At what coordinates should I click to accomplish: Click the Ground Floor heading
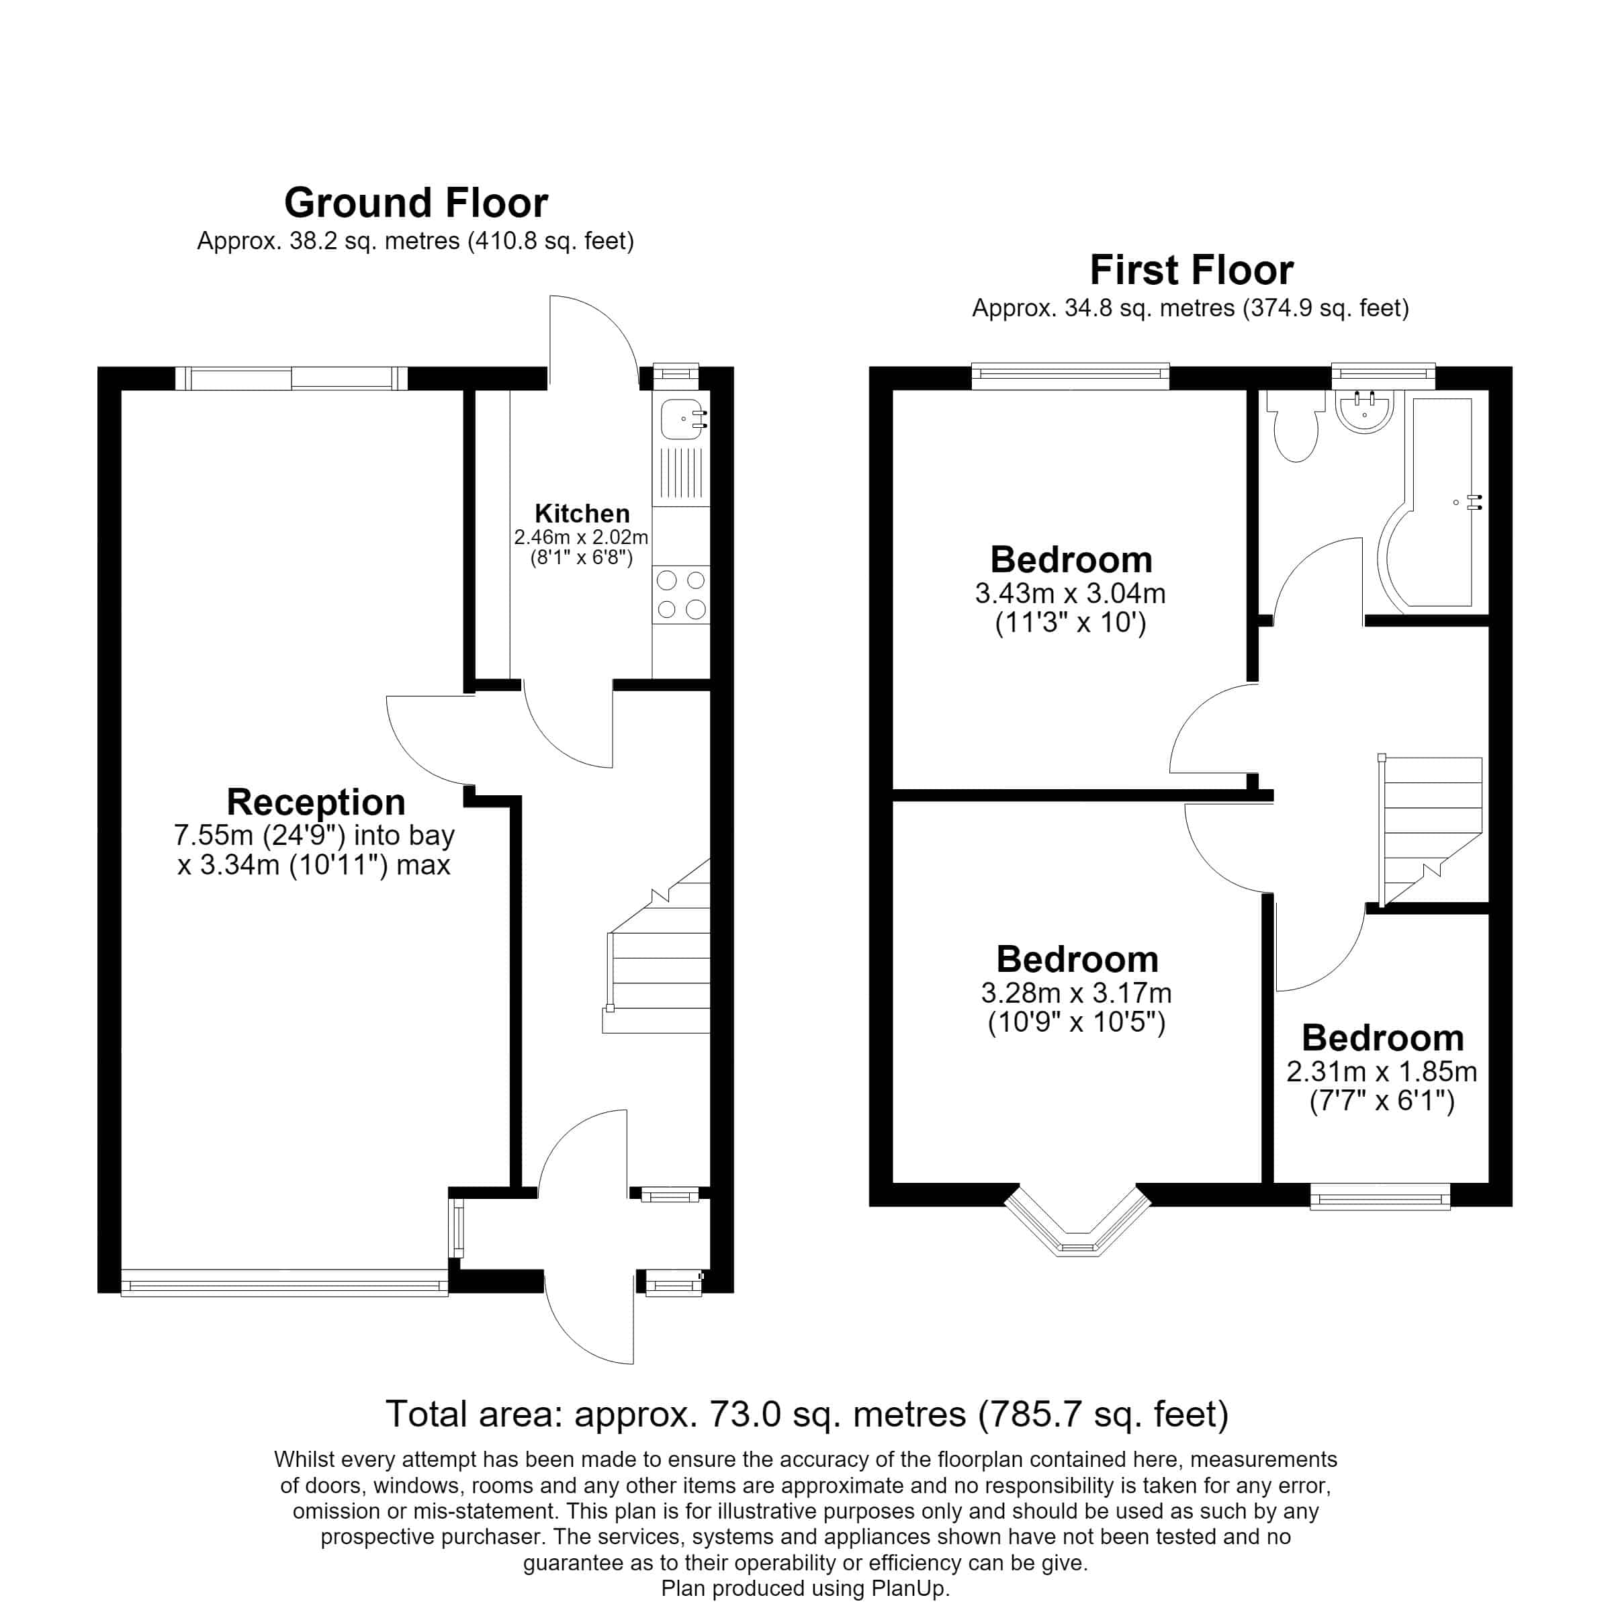pyautogui.click(x=416, y=204)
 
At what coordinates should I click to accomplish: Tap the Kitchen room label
pyautogui.click(x=582, y=513)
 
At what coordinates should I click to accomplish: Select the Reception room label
pyautogui.click(x=316, y=803)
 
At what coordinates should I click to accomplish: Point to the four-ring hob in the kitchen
pyautogui.click(x=681, y=594)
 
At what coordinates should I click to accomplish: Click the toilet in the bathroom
pyautogui.click(x=1295, y=426)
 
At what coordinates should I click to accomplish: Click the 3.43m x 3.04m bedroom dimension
pyautogui.click(x=1071, y=593)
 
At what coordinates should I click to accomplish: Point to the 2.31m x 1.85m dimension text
pyautogui.click(x=1382, y=1071)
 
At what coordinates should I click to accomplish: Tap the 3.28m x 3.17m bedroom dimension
pyautogui.click(x=1076, y=993)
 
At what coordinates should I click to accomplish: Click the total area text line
pyautogui.click(x=807, y=1413)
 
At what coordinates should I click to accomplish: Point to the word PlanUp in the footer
pyautogui.click(x=909, y=1588)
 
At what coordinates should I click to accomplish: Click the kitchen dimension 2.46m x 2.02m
pyautogui.click(x=582, y=537)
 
